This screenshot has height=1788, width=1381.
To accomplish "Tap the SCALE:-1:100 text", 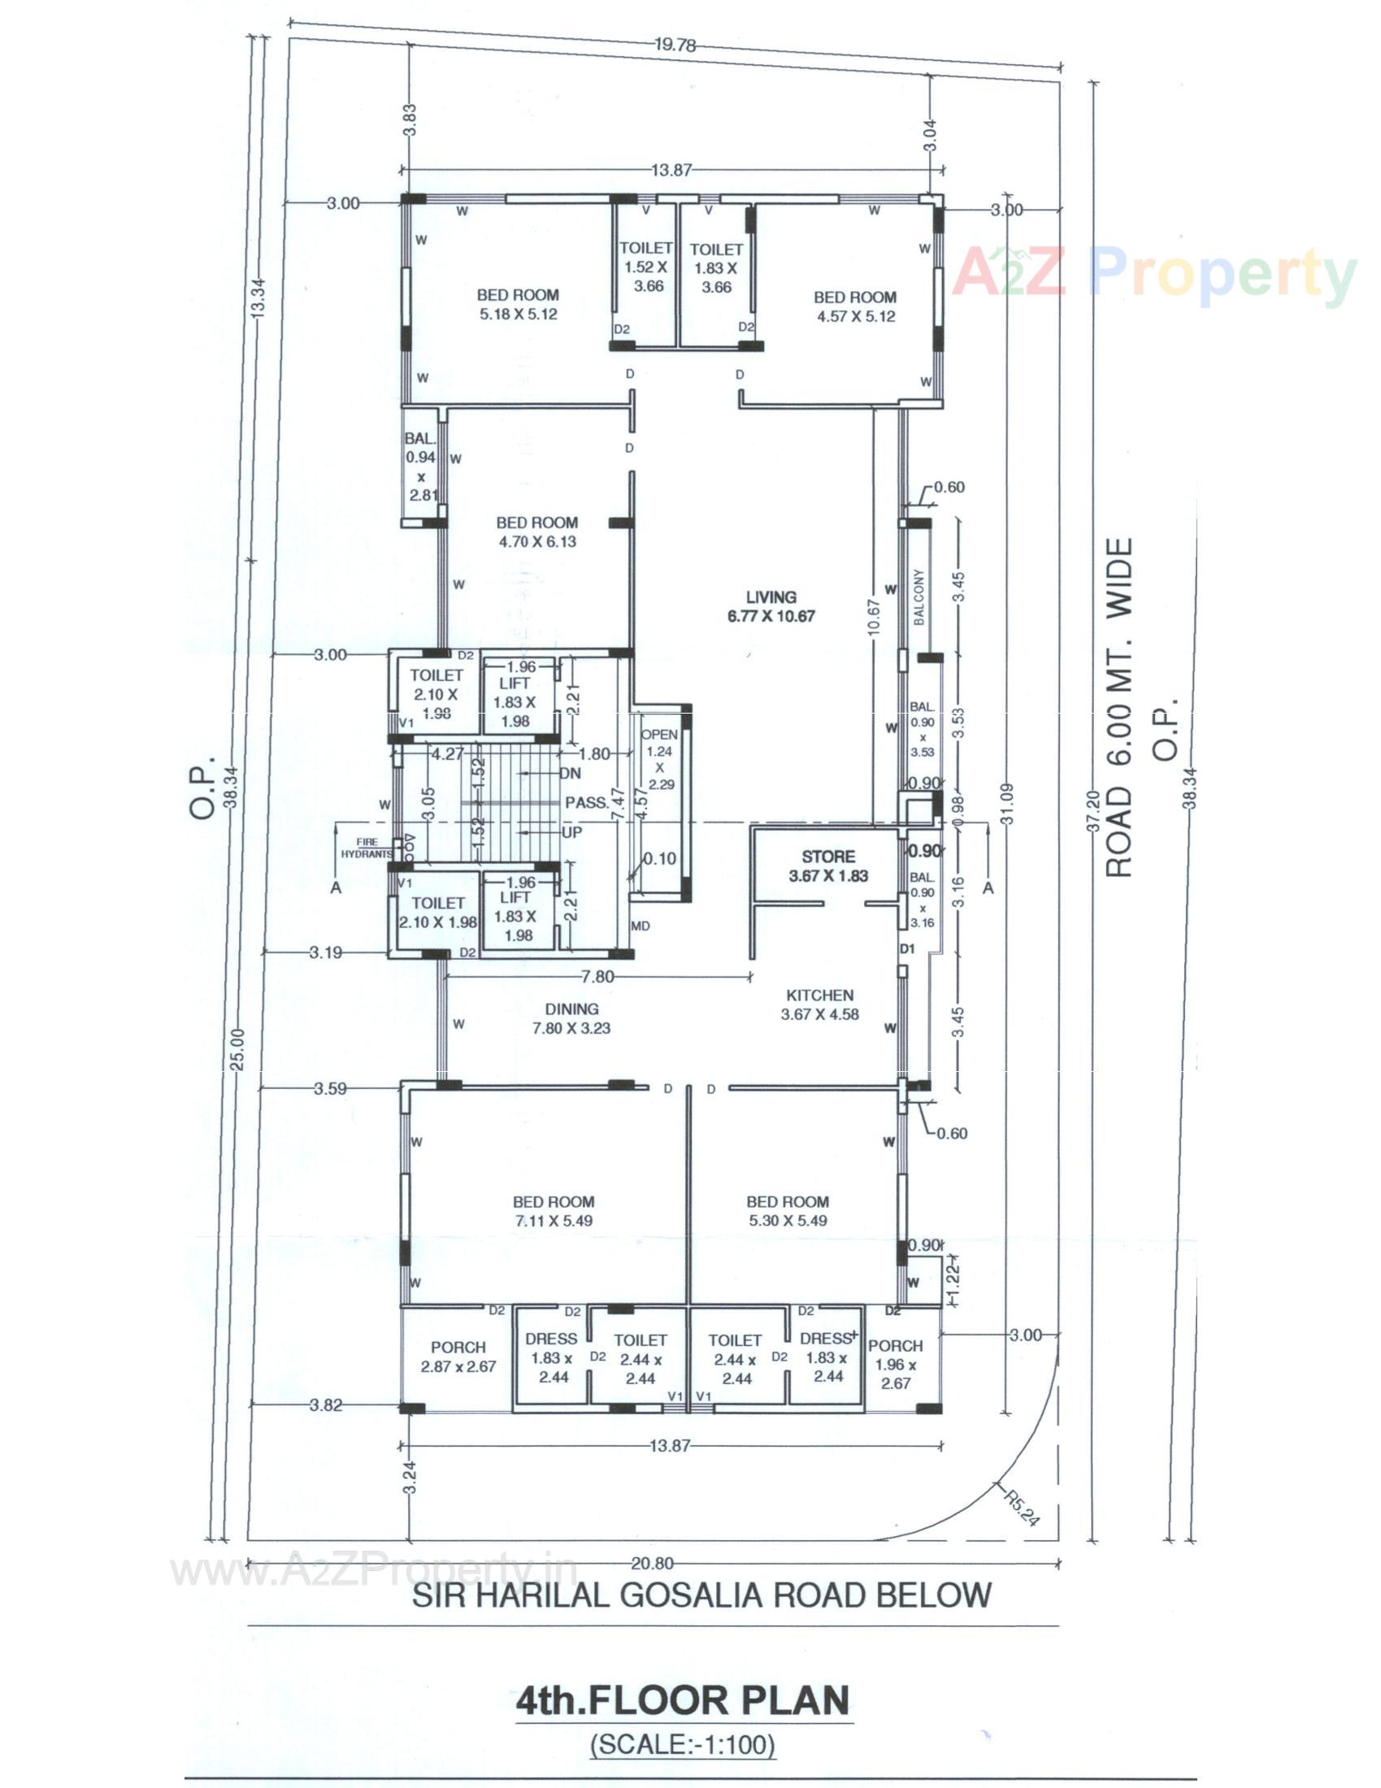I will pos(682,1746).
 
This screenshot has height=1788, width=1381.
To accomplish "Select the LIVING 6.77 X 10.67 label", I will pos(771,606).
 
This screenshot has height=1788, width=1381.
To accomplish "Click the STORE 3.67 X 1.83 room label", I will pos(827,866).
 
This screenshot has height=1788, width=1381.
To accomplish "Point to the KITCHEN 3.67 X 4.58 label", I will pos(819,1005).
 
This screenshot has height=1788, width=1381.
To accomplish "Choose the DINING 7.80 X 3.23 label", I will pos(572,1018).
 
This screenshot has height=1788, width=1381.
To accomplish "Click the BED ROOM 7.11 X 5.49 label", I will pos(554,1211).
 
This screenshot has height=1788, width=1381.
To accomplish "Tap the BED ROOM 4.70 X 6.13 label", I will pos(536,532).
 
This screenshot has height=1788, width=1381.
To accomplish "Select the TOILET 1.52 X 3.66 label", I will pos(645,267).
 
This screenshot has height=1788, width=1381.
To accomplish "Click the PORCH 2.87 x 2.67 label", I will pos(458,1356).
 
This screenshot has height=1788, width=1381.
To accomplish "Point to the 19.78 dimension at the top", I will pos(675,46).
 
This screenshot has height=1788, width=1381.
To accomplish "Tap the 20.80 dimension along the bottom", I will pos(653,1564).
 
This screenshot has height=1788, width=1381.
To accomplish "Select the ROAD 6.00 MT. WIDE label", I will pos(1120,707).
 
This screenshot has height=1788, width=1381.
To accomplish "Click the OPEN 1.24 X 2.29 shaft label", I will pos(659,759).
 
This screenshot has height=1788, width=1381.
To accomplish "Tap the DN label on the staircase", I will pos(570,773).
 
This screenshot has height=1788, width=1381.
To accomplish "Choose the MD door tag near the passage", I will pos(641,926).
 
